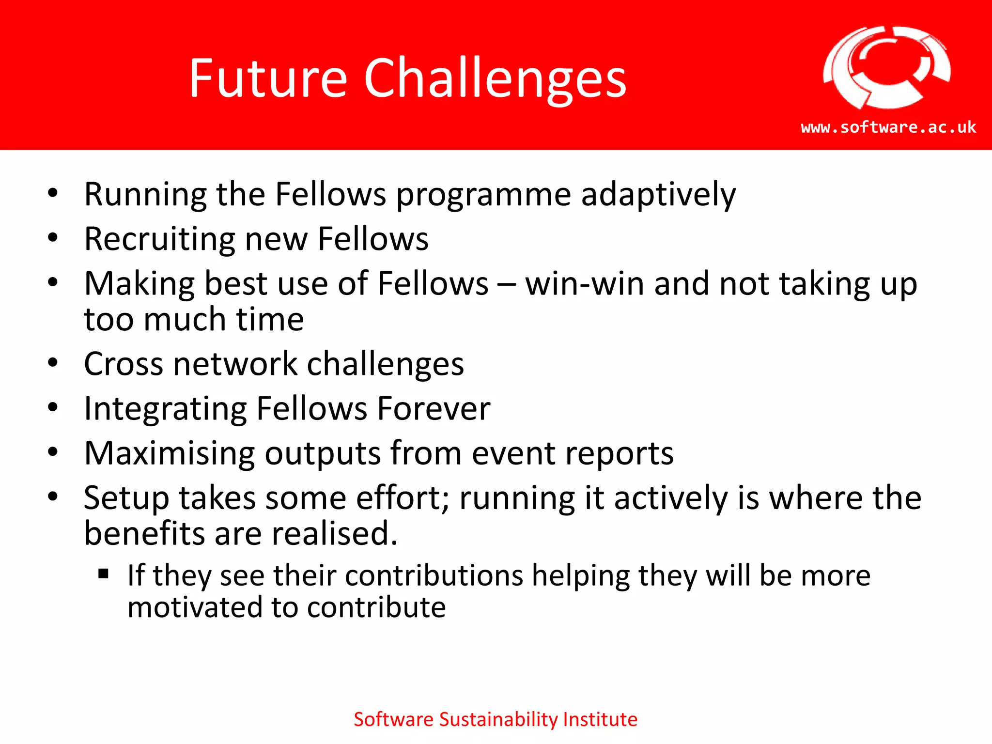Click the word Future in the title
pos(268,78)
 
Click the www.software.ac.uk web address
pos(888,127)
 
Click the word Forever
pos(434,409)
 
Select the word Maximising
pos(169,454)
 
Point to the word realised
pos(334,534)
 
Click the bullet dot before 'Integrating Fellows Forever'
pos(53,407)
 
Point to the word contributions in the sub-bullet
pos(434,576)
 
